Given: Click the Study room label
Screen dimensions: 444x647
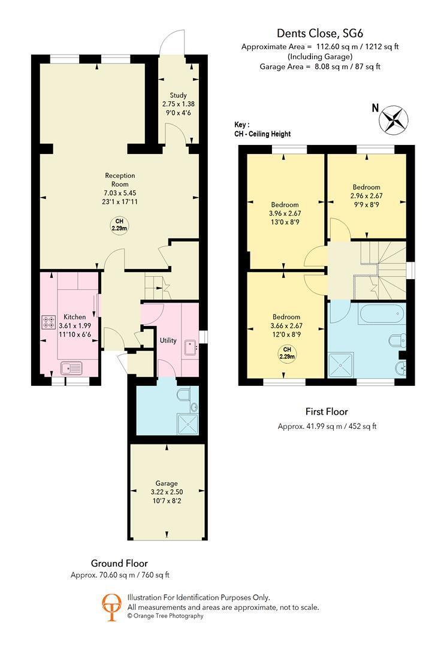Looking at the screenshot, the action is [x=179, y=95].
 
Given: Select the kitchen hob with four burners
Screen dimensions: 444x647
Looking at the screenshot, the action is [x=49, y=322].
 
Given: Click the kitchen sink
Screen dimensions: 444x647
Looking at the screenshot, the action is [x=71, y=368].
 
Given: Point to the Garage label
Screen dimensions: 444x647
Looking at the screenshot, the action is [x=167, y=483].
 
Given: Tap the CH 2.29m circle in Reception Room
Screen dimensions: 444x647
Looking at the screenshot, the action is [x=119, y=225].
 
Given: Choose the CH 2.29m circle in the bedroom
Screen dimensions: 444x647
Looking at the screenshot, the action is [x=287, y=353].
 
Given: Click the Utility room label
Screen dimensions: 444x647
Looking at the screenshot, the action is [x=168, y=340].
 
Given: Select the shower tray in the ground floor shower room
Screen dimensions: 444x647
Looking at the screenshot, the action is [x=188, y=424].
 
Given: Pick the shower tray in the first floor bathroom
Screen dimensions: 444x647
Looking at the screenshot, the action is [x=340, y=365].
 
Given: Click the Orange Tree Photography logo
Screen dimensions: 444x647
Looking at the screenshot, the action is [x=112, y=606].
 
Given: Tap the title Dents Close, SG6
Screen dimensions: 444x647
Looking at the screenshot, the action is [x=320, y=33].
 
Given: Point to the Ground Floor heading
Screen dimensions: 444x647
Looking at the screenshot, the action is [x=119, y=563].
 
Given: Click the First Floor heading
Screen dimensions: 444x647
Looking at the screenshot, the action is [x=327, y=412].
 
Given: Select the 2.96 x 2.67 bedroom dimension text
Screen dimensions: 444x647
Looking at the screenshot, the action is [x=367, y=196].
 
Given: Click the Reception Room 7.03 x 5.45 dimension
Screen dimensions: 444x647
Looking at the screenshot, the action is [x=120, y=193].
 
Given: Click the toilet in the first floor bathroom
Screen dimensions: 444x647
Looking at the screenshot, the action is [x=396, y=341].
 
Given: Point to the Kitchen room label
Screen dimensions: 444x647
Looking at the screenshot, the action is [x=75, y=317].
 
